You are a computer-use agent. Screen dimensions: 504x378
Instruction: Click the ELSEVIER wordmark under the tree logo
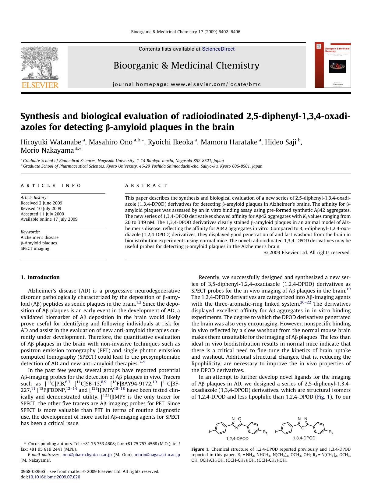pyautogui.click(x=39, y=85)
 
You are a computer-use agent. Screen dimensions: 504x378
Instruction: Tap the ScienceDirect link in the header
pyautogui.click(x=218, y=49)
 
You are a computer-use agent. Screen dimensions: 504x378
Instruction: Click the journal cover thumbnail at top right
pyautogui.click(x=333, y=65)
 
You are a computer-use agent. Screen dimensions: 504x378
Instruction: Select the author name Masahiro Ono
pyautogui.click(x=111, y=142)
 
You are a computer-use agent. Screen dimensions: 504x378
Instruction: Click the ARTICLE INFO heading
pyautogui.click(x=51, y=186)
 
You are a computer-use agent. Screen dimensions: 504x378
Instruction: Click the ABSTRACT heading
pyautogui.click(x=146, y=186)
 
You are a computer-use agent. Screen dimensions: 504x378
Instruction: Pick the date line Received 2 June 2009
pyautogui.click(x=41, y=203)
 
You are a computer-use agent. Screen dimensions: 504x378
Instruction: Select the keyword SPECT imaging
pyautogui.click(x=35, y=248)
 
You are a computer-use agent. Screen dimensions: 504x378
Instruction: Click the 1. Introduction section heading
pyautogui.click(x=40, y=277)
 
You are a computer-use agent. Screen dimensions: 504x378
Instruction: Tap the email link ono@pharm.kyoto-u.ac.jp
pyautogui.click(x=87, y=455)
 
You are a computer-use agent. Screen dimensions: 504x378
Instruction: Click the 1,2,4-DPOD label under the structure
pyautogui.click(x=237, y=438)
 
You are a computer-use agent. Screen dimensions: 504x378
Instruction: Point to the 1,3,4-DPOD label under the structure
pyautogui.click(x=304, y=438)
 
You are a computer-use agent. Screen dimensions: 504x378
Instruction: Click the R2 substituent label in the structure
pyautogui.click(x=331, y=432)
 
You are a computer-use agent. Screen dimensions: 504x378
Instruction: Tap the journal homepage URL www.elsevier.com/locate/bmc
pyautogui.click(x=216, y=84)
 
